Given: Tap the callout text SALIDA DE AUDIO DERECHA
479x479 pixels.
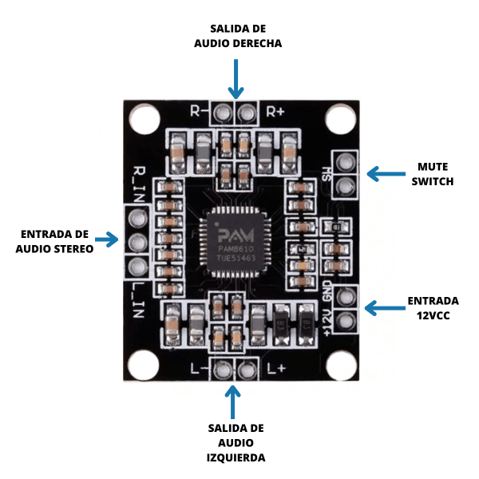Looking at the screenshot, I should [238, 37].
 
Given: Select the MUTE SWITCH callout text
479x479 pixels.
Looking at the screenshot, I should [435, 174].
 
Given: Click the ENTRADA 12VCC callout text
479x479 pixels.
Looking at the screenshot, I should [433, 308].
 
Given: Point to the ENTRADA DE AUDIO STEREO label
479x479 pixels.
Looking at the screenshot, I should [54, 241].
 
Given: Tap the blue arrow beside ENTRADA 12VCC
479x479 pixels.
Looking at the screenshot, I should [385, 307].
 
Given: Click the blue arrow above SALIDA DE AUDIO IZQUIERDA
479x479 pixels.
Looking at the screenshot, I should [234, 400].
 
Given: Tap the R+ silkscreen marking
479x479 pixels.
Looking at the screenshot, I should [275, 111].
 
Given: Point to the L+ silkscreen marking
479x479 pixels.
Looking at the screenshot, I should [275, 368].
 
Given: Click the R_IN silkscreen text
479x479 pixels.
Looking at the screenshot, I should [141, 180].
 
